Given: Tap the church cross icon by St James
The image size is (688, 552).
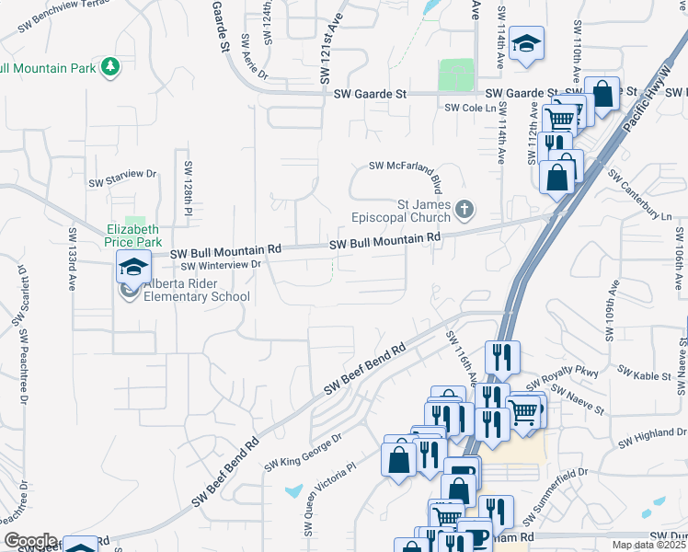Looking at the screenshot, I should pos(465,211).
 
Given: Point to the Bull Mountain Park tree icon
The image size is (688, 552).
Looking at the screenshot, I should pos(110,66).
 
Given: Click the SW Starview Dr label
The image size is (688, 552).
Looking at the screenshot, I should pos(123,177).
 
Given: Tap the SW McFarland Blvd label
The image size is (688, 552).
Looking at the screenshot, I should pos(412,166).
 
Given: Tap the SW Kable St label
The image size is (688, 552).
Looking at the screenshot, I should pos(644,374).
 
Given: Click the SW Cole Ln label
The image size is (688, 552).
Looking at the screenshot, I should pos(464,108).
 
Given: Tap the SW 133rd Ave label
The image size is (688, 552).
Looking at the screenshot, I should pos(71,259).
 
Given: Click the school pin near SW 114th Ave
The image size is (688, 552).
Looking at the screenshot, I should pos(528,44).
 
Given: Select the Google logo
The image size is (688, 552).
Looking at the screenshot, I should pos(30,541).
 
